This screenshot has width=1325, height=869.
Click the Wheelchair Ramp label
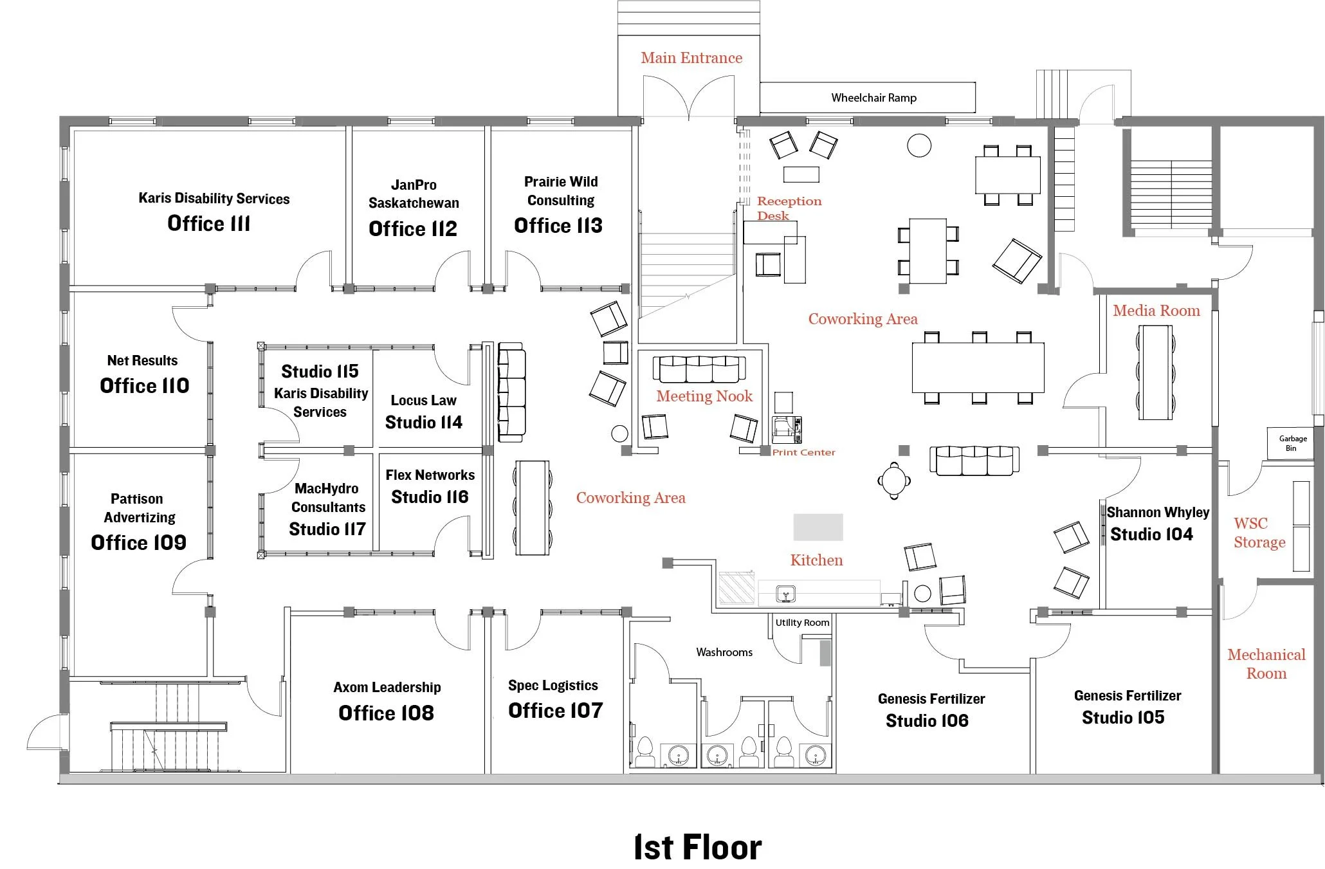[873, 98]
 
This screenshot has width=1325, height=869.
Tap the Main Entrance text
[691, 58]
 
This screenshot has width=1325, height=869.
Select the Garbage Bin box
[1292, 443]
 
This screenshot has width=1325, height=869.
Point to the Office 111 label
[208, 223]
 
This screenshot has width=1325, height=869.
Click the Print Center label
[803, 452]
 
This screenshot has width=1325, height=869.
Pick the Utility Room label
[802, 622]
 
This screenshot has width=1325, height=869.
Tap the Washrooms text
[724, 652]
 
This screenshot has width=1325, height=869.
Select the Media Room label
[1156, 311]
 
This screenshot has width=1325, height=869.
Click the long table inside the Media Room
[1155, 372]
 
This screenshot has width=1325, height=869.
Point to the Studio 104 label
[1151, 535]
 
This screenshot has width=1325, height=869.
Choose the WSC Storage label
[1259, 533]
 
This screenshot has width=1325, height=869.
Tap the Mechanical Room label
[1266, 664]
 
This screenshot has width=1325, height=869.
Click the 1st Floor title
[698, 847]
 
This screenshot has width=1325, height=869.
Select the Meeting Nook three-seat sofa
[699, 369]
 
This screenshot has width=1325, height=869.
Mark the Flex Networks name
[430, 475]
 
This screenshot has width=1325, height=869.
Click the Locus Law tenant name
[423, 400]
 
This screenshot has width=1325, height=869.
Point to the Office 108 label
[386, 713]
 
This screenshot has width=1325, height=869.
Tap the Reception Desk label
[789, 208]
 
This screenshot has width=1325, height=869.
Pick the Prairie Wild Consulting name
[561, 191]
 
